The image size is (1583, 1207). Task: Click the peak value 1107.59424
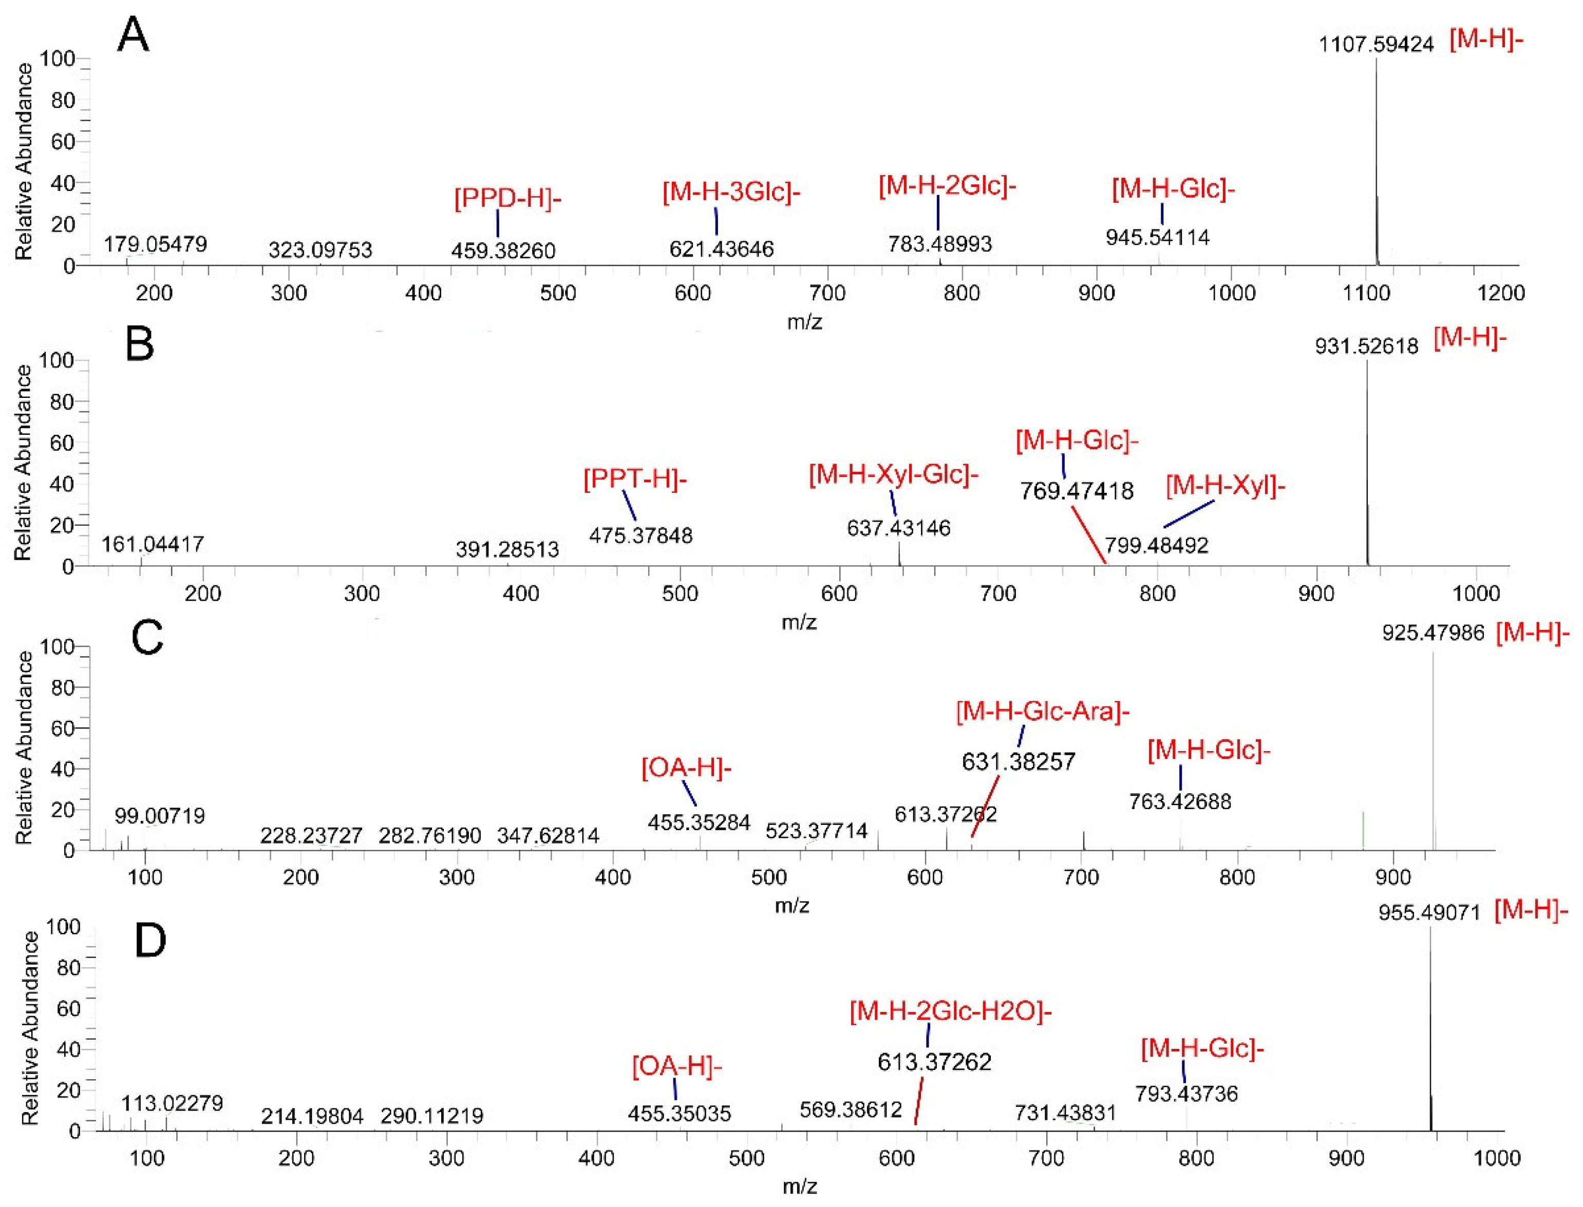[1375, 45]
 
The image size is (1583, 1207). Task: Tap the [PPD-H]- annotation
[507, 198]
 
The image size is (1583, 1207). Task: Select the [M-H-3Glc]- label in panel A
[731, 192]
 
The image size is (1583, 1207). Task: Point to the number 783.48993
[939, 244]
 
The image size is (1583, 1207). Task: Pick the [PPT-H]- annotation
[634, 478]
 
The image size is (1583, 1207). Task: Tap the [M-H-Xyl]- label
[1225, 486]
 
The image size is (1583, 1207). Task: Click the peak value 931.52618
[1366, 347]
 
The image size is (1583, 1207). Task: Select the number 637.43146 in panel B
[898, 528]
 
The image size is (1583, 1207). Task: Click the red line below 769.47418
[1088, 535]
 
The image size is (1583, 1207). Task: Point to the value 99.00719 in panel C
[160, 815]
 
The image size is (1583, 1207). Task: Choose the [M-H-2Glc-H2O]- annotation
[950, 1011]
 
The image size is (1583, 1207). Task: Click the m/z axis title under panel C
[791, 905]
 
